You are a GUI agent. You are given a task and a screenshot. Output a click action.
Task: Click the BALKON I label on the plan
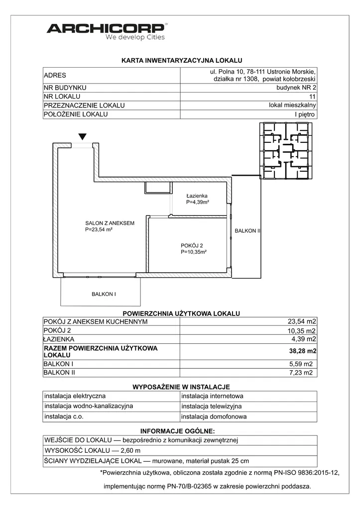click(104, 294)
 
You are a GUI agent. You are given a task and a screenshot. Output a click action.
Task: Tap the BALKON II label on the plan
click(247, 231)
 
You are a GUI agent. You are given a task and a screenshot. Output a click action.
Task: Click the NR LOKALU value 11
click(312, 96)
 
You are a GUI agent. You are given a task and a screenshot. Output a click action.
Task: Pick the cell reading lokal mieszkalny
click(292, 105)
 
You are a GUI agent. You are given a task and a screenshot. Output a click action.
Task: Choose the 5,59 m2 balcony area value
click(302, 363)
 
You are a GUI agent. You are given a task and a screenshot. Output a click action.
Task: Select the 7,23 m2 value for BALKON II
click(302, 372)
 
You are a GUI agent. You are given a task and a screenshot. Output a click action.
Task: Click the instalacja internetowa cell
click(212, 397)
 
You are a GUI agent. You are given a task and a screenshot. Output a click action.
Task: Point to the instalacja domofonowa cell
click(214, 417)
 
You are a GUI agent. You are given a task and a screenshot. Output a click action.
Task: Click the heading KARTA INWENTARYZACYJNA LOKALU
click(181, 60)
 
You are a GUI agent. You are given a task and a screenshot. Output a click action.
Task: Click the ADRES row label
click(55, 76)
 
